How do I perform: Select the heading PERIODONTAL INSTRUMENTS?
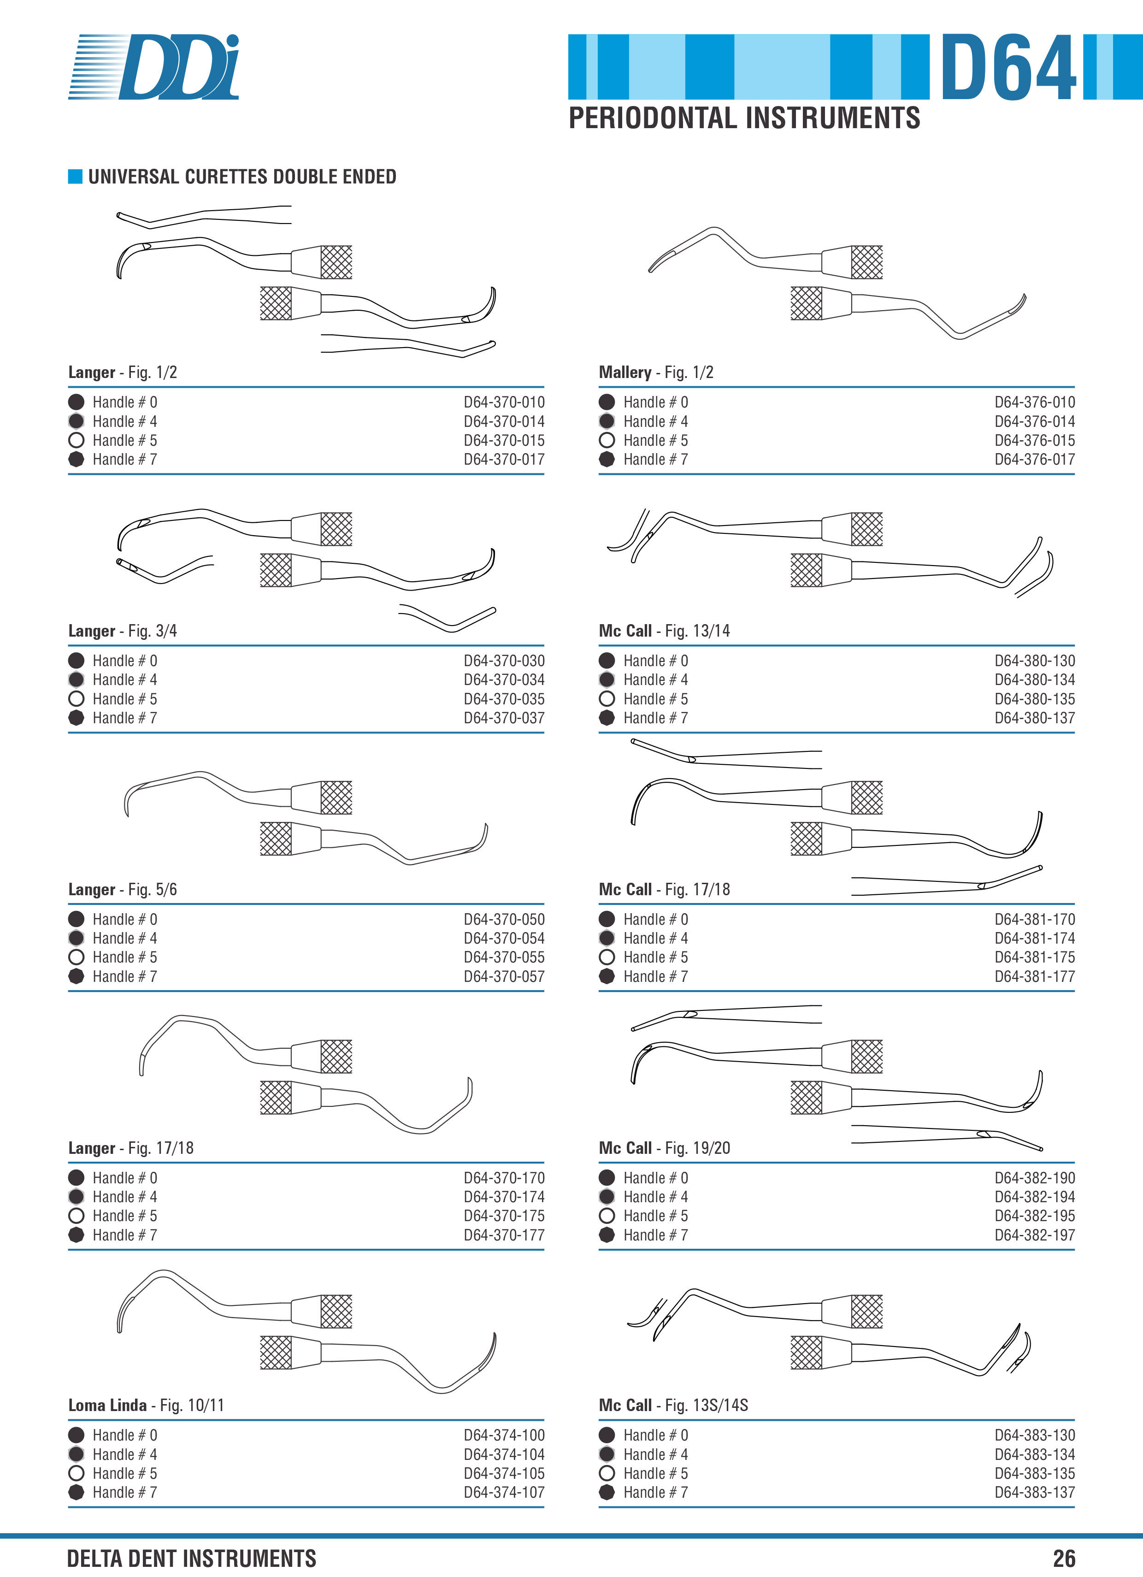(x=744, y=118)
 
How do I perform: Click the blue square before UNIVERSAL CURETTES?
(x=75, y=177)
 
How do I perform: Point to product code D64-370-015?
(x=504, y=440)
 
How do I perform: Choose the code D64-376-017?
(x=1035, y=459)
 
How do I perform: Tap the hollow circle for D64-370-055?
(x=77, y=957)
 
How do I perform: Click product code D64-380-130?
(x=1035, y=661)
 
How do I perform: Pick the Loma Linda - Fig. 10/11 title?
(x=146, y=1405)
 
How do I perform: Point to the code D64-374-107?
(x=504, y=1492)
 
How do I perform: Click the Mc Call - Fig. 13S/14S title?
(x=673, y=1405)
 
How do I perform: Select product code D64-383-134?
(x=1035, y=1454)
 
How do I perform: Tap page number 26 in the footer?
(x=1064, y=1558)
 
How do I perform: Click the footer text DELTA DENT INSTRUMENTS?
(x=191, y=1558)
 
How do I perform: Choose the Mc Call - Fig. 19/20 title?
(x=665, y=1148)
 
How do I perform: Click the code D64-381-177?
(x=1035, y=976)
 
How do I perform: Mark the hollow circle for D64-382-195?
(x=607, y=1216)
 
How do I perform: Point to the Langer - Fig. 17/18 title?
(x=131, y=1148)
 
